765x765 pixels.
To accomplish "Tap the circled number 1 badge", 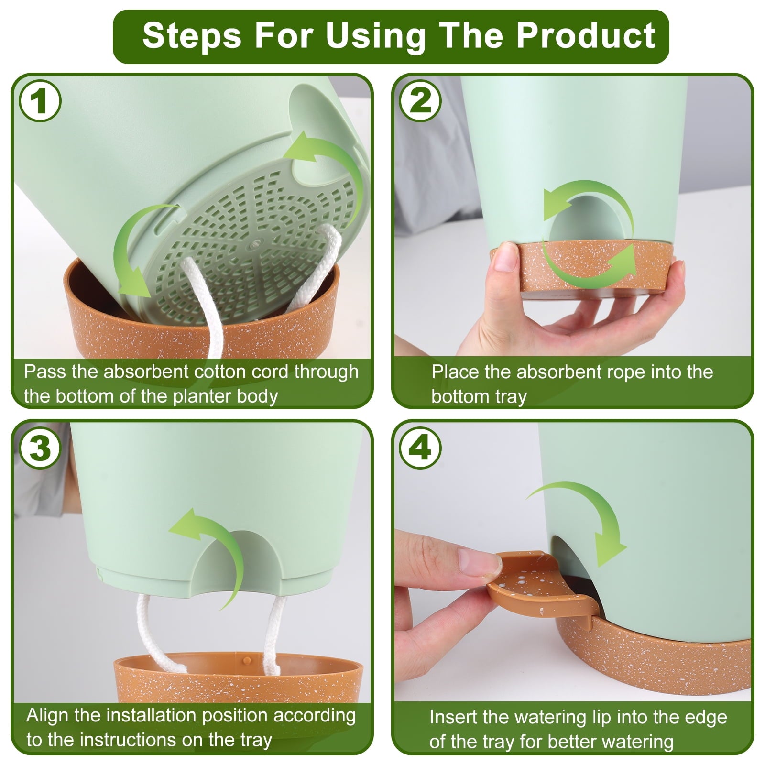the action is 40,101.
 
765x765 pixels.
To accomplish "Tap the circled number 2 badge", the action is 421,101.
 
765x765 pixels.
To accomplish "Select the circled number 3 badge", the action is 40,448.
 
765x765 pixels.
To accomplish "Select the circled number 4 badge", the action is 421,448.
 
